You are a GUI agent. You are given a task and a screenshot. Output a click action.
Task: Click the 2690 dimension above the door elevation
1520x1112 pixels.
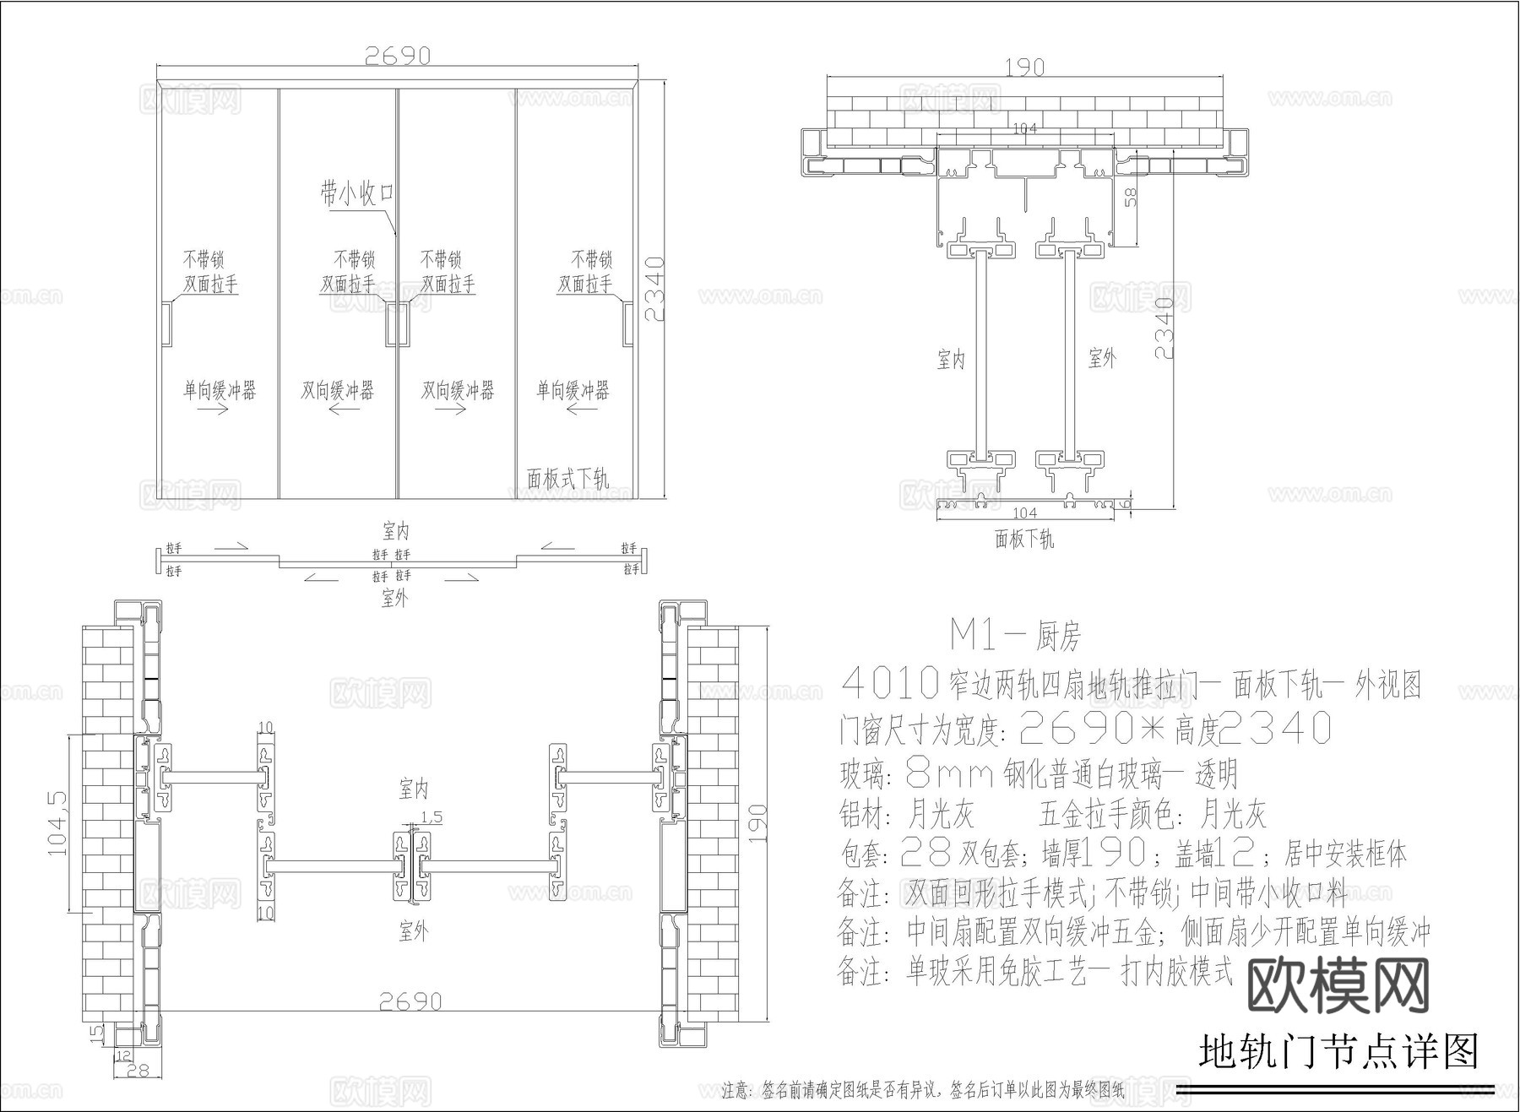click(x=398, y=56)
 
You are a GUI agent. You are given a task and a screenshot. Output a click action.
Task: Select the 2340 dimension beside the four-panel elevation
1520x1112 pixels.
click(x=656, y=289)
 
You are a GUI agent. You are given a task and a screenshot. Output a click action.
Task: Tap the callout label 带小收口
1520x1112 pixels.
click(x=357, y=194)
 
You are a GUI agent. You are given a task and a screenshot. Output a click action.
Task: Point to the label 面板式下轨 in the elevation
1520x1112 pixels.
click(x=567, y=479)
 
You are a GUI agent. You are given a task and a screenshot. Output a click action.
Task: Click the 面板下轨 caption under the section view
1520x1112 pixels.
click(x=1024, y=539)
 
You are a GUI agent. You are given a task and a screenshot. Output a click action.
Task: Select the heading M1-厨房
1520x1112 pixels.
click(x=1015, y=635)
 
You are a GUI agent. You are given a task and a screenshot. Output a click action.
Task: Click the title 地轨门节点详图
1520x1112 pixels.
click(x=1338, y=1052)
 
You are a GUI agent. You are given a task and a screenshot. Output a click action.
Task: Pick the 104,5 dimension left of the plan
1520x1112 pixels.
click(x=57, y=823)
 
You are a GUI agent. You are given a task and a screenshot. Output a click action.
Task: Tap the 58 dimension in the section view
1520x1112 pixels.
click(x=1131, y=197)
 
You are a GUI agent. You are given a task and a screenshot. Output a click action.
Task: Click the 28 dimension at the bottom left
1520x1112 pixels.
click(x=136, y=1071)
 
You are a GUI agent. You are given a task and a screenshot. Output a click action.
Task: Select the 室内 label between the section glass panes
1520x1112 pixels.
click(x=951, y=360)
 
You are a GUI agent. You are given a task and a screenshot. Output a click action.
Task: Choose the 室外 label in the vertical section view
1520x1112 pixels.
click(x=1102, y=358)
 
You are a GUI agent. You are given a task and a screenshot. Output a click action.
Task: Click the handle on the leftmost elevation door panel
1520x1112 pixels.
click(x=166, y=323)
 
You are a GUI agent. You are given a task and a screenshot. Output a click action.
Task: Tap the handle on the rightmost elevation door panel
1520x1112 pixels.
click(x=628, y=323)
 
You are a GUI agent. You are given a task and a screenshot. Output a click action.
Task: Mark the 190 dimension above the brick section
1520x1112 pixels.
click(x=1024, y=67)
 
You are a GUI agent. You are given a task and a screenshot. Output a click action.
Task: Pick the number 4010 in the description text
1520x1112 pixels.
click(x=891, y=683)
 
